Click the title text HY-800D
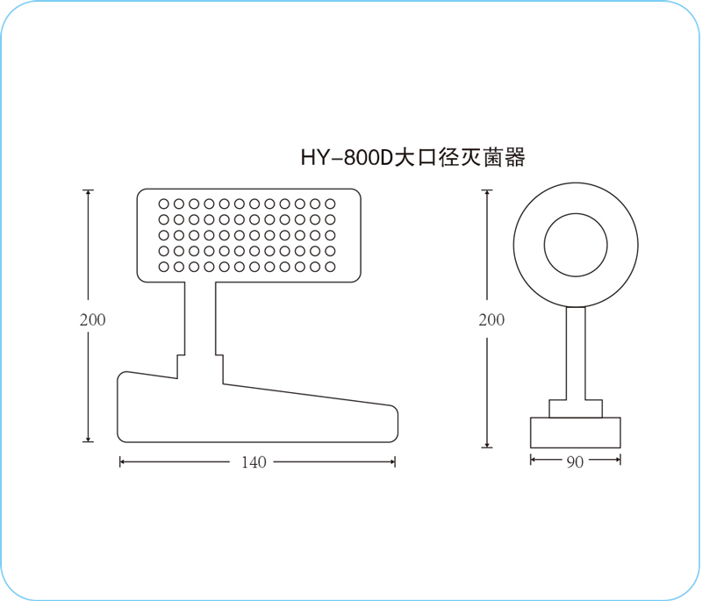(347, 158)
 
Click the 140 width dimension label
(254, 462)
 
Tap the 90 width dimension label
(576, 462)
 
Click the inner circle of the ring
(576, 214)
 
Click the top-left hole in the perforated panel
(164, 204)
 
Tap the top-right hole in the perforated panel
(331, 204)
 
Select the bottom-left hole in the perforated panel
(164, 268)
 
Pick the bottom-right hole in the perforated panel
(331, 268)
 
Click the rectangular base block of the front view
(576, 433)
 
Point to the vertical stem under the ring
(576, 354)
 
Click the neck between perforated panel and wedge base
(200, 318)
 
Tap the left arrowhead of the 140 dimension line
(123, 461)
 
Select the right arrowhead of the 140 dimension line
(392, 461)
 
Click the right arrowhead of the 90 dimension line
(618, 459)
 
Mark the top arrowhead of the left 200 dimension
(89, 193)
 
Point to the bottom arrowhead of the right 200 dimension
(487, 444)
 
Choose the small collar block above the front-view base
(576, 409)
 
